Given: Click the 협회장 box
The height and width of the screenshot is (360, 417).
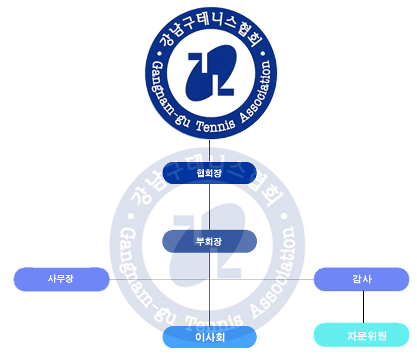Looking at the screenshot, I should [209, 173].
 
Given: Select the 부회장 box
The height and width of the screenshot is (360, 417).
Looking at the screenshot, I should [209, 241].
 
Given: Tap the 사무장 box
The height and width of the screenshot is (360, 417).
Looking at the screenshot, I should [61, 279].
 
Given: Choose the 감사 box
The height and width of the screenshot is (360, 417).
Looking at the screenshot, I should [362, 279].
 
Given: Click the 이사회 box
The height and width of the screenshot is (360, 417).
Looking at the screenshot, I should [209, 337].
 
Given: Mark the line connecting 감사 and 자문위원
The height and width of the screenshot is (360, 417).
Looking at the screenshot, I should [363, 307].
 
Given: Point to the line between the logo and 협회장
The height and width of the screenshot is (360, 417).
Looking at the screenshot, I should [209, 151].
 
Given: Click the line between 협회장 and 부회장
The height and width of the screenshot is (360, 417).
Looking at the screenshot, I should [209, 207].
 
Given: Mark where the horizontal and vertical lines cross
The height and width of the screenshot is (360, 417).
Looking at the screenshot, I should [209, 278].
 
